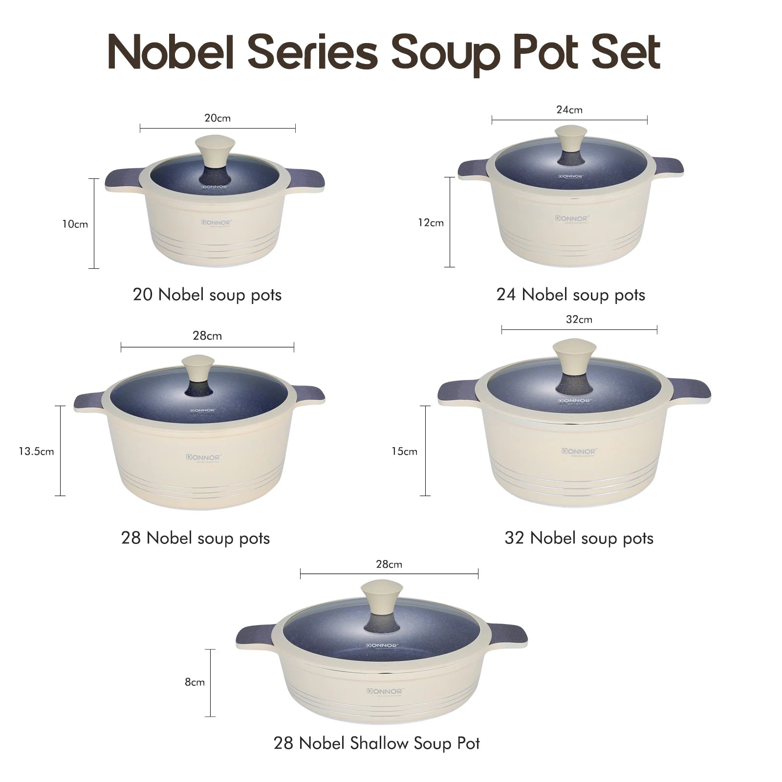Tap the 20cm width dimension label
point(217,118)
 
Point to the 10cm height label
point(75,224)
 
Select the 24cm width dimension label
point(569,110)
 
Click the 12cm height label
point(431,223)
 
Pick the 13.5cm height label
point(37,452)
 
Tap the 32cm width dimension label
point(579,320)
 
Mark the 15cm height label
point(405,452)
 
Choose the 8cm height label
point(195,682)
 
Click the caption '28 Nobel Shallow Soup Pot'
point(377,743)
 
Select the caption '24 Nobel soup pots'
point(571,295)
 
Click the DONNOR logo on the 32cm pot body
point(579,451)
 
